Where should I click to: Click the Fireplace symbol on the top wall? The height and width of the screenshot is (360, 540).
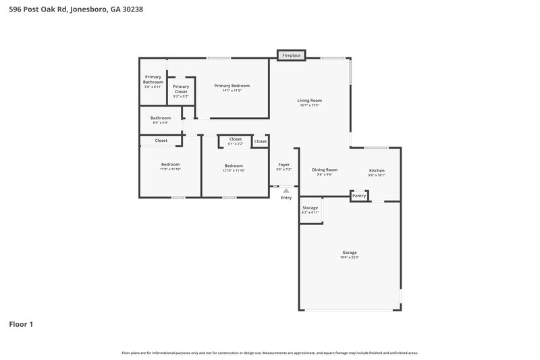[x=292, y=55]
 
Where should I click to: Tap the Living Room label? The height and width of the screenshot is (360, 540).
[x=309, y=101]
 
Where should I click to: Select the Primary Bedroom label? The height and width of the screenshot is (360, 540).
[x=232, y=86]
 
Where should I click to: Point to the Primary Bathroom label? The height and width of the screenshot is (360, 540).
[x=153, y=80]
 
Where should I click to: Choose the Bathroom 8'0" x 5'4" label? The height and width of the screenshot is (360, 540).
[x=160, y=118]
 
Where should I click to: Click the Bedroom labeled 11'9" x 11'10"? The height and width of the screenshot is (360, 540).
[x=170, y=165]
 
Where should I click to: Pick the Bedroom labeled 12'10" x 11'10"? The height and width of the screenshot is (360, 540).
[x=234, y=165]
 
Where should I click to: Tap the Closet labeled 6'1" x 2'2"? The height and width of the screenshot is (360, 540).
[x=235, y=139]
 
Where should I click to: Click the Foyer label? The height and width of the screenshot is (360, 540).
[x=284, y=165]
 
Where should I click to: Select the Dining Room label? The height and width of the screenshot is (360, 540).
[x=325, y=170]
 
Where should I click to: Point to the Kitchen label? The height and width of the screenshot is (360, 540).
[x=376, y=170]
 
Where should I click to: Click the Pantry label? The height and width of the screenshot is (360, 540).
[x=359, y=195]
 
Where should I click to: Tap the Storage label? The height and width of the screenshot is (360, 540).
[x=310, y=208]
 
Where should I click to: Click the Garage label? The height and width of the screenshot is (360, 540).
[x=349, y=253]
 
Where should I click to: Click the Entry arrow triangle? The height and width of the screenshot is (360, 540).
[x=286, y=191]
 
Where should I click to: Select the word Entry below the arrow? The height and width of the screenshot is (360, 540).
[x=286, y=198]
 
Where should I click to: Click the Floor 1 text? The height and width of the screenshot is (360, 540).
[x=21, y=324]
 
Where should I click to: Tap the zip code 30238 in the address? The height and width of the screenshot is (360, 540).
[x=130, y=9]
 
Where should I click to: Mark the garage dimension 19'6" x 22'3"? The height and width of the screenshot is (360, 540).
[x=349, y=257]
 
